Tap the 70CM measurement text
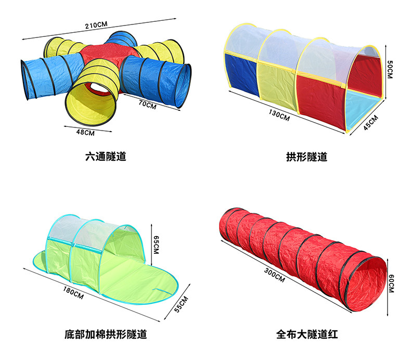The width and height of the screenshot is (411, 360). click(x=147, y=104)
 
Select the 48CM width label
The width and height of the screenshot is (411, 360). click(x=85, y=132)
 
